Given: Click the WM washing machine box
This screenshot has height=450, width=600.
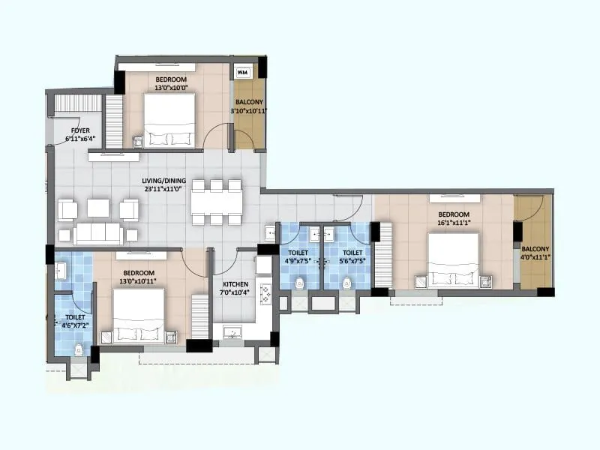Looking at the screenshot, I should tap(243, 73).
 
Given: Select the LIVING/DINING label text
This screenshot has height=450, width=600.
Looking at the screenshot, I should tap(165, 181).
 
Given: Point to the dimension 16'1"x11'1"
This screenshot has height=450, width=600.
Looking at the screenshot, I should tap(454, 222).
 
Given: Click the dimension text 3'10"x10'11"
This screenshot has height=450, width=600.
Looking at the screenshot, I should tap(248, 111).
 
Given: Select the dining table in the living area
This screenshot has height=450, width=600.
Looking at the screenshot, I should tap(216, 202).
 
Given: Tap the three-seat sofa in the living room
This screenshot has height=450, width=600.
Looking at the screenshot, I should tap(98, 233).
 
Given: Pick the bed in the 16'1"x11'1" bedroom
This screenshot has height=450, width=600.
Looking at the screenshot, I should tap(452, 260).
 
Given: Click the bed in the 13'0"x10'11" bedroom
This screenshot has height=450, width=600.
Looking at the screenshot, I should tap(139, 315).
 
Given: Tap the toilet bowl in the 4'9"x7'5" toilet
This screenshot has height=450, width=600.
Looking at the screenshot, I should tap(300, 283).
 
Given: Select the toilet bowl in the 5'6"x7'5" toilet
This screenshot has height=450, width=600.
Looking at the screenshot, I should tap(346, 283).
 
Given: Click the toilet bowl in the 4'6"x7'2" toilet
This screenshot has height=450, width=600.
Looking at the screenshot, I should tap(79, 348).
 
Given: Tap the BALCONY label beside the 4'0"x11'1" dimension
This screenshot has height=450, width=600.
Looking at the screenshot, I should tap(535, 249).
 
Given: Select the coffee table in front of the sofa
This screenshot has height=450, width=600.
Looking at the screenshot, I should tap(98, 207).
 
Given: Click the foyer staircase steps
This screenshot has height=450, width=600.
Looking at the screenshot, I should tap(78, 103).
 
